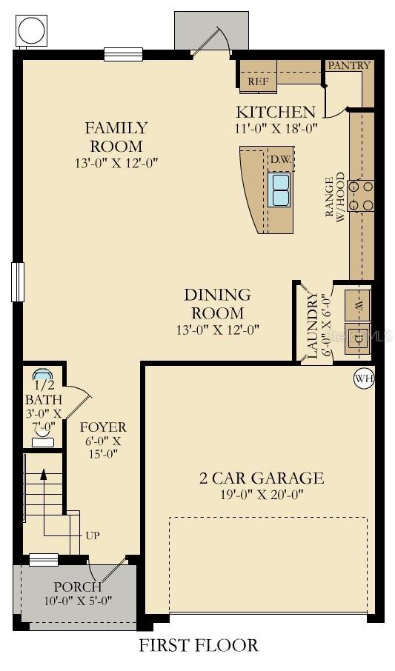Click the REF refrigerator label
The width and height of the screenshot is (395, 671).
point(258,81)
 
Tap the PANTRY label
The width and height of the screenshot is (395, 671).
point(350,65)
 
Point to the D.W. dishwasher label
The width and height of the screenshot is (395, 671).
point(281,160)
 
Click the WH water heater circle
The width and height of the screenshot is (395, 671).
point(364,378)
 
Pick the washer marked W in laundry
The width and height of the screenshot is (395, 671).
point(359,305)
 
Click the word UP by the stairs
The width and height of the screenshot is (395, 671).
point(93,535)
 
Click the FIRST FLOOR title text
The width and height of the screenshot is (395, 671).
point(199,645)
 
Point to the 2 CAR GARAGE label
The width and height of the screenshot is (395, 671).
point(262,478)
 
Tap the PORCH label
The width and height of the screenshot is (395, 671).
point(78,587)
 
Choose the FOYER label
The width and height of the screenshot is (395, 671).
point(103,427)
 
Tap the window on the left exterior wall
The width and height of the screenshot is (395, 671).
point(18,282)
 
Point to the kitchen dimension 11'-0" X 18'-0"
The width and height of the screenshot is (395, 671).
point(276,128)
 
